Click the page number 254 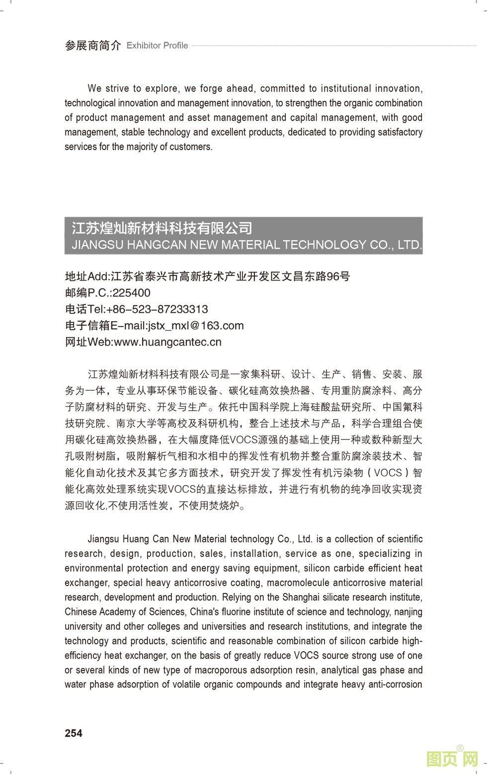[74, 733]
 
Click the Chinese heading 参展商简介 [93, 46]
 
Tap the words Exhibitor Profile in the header [157, 46]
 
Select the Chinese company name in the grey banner [162, 228]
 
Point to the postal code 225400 [131, 293]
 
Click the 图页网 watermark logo [452, 759]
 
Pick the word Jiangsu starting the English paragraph [103, 539]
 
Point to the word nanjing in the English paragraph [408, 611]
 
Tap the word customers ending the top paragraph [191, 147]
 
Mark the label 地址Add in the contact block [86, 276]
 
